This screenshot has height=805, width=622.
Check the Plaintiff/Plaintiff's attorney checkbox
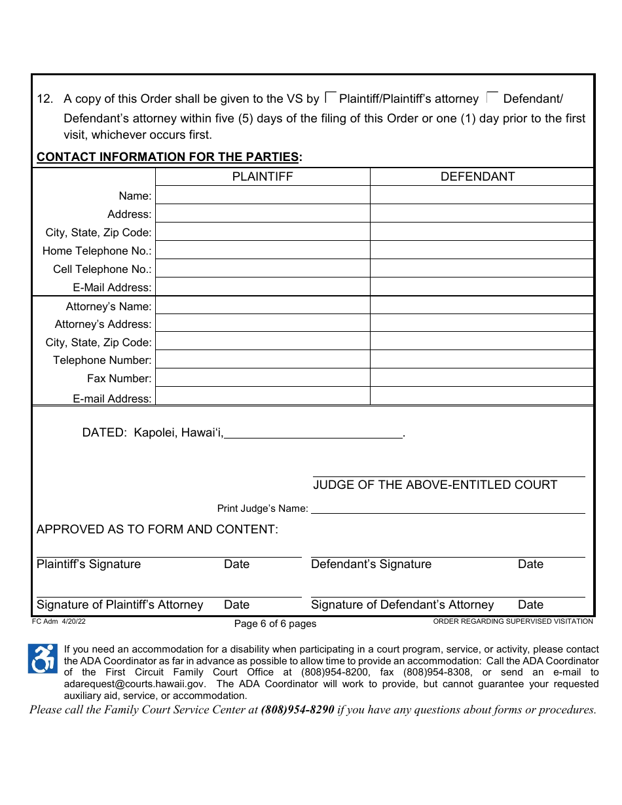tap(331, 98)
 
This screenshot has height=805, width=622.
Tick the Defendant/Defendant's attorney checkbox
tap(493, 98)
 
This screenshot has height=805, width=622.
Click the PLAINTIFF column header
tap(263, 177)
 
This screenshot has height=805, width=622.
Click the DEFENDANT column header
tap(478, 177)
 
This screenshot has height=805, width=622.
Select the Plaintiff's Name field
tap(263, 196)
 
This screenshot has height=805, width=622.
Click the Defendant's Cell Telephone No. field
tap(482, 269)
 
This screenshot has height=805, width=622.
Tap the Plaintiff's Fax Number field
tap(263, 378)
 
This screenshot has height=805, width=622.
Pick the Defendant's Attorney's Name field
tap(482, 306)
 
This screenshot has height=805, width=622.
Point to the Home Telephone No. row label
tap(97, 251)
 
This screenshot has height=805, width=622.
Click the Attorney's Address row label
tap(103, 324)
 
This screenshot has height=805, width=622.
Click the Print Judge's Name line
tap(448, 508)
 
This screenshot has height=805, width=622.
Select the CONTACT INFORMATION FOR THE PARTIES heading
tap(170, 157)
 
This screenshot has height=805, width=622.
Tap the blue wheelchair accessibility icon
tap(43, 658)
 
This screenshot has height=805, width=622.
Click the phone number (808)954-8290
tap(297, 709)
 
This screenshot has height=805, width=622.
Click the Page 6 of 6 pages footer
tap(275, 624)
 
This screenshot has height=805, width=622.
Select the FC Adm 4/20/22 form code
tap(59, 622)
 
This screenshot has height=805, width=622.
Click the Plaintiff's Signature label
tap(88, 564)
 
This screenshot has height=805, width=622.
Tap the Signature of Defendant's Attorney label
tap(402, 605)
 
